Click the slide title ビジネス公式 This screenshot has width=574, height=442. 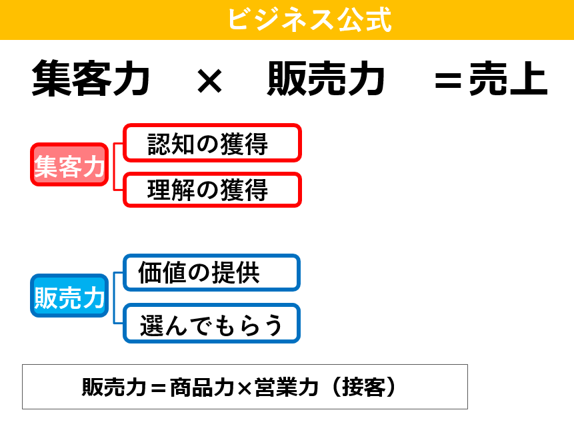tap(310, 19)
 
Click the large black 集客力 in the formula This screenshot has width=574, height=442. tap(91, 79)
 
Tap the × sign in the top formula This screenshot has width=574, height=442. tap(209, 81)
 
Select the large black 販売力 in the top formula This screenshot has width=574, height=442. tap(326, 79)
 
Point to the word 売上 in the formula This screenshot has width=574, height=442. tap(509, 79)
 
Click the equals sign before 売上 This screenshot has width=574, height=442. tap(448, 81)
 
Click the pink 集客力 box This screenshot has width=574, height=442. tap(69, 164)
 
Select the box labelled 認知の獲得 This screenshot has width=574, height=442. tap(212, 143)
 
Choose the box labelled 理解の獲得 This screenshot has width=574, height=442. tap(212, 190)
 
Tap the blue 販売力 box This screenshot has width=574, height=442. tap(69, 296)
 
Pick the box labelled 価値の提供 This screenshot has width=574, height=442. tap(211, 273)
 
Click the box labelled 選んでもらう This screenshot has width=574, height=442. tap(211, 324)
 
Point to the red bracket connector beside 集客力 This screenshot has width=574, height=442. tap(114, 166)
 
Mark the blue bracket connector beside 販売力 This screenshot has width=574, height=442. tap(114, 298)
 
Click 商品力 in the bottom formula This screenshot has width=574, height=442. tap(202, 387)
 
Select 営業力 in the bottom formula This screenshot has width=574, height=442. tap(286, 387)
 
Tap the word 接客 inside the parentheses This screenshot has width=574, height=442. tap(363, 387)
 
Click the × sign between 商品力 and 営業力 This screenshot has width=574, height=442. tap(244, 388)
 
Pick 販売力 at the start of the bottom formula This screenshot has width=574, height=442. tap(114, 387)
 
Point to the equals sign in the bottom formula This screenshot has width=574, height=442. tap(158, 388)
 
